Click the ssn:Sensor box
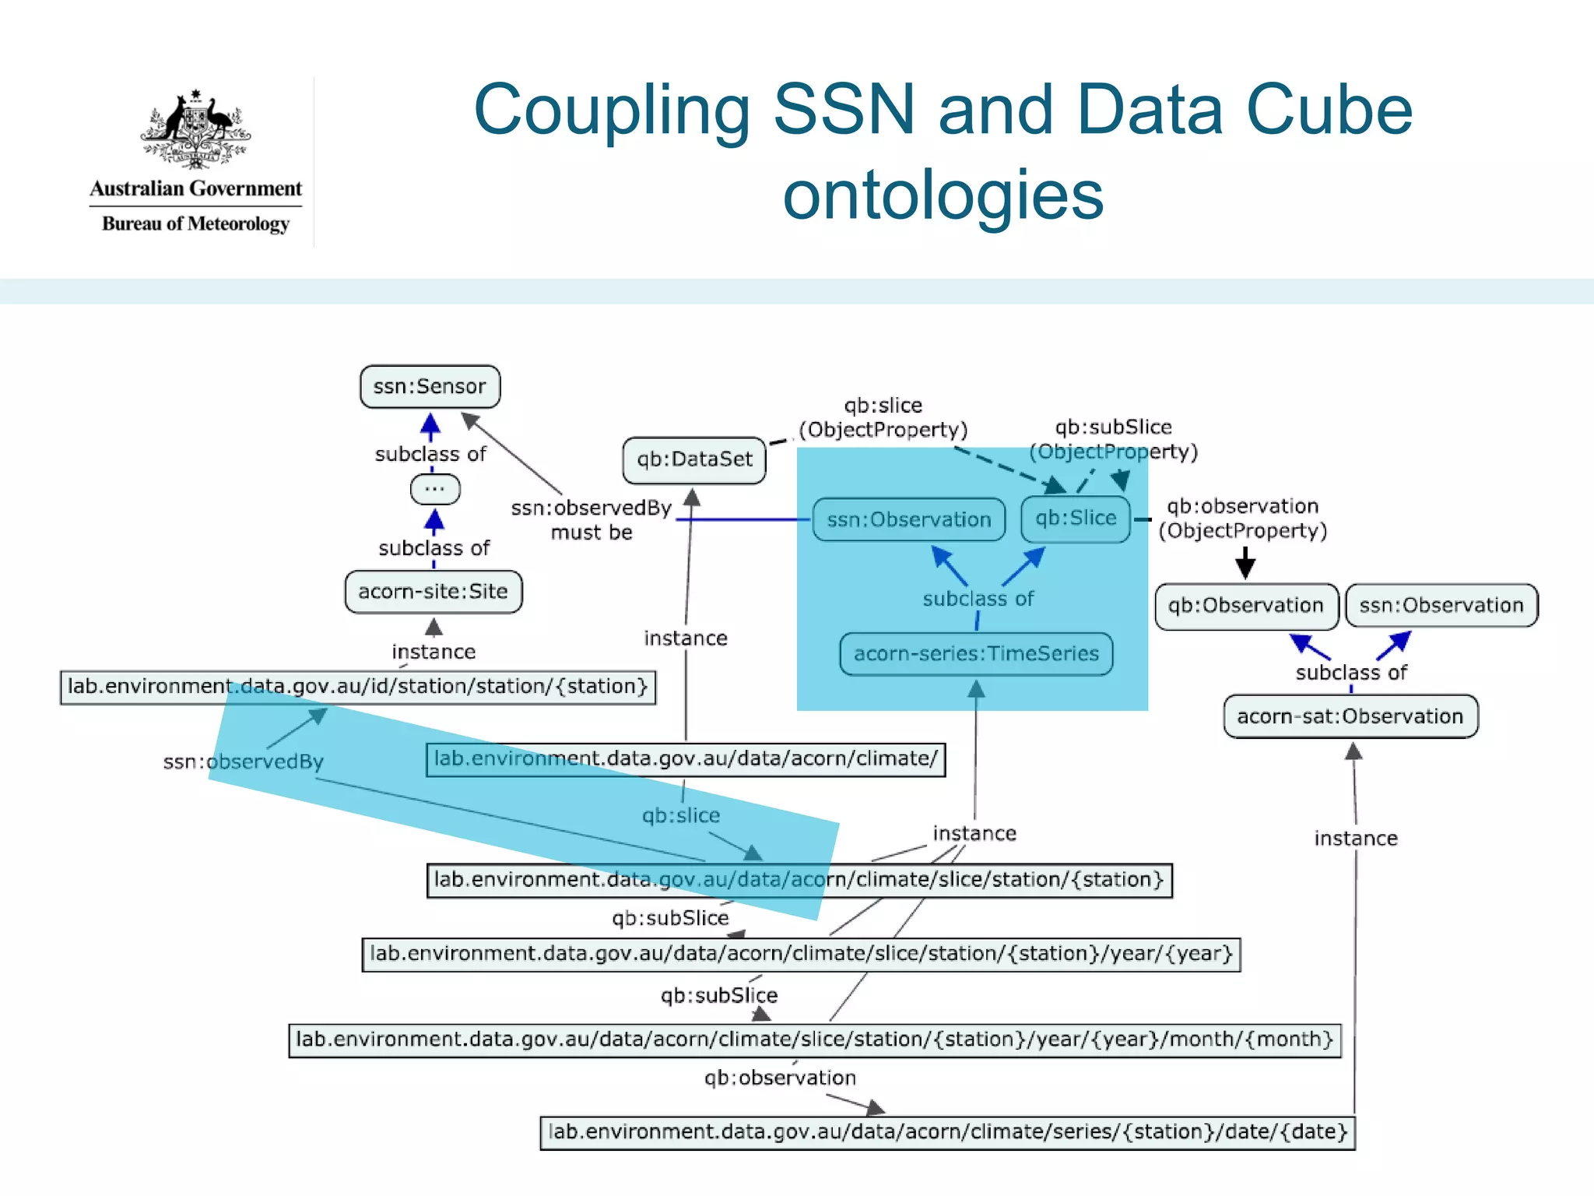pyautogui.click(x=430, y=387)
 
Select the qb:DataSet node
pyautogui.click(x=694, y=459)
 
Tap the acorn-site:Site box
pyautogui.click(x=434, y=592)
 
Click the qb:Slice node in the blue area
pyautogui.click(x=1076, y=519)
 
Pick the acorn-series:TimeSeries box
pyautogui.click(x=976, y=654)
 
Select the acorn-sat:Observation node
pyautogui.click(x=1350, y=716)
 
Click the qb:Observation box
pyautogui.click(x=1245, y=606)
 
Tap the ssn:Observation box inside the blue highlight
pyautogui.click(x=909, y=520)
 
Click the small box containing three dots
pyautogui.click(x=435, y=490)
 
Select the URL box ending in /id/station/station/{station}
pyautogui.click(x=358, y=687)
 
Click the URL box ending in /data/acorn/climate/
pyautogui.click(x=686, y=759)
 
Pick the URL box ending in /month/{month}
pyautogui.click(x=814, y=1040)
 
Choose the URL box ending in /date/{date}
pyautogui.click(x=947, y=1132)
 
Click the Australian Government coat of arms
pyautogui.click(x=195, y=129)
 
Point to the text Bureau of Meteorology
pyautogui.click(x=195, y=224)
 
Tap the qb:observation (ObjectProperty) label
pyautogui.click(x=1242, y=519)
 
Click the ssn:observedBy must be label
pyautogui.click(x=592, y=520)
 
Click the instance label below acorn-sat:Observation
pyautogui.click(x=1356, y=839)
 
